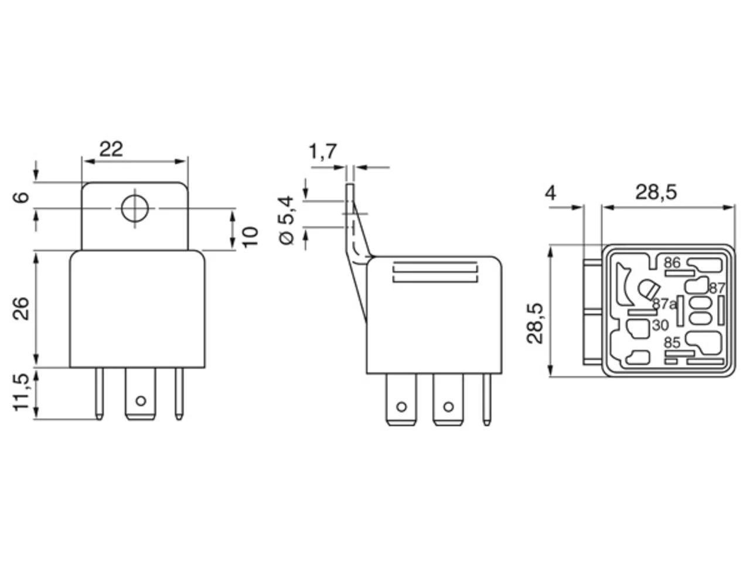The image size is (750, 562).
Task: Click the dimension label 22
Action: (111, 149)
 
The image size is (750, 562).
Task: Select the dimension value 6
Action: (21, 197)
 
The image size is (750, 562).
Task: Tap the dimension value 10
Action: (250, 237)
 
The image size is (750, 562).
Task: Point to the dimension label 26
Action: (21, 309)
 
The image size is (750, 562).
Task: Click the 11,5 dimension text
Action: (21, 392)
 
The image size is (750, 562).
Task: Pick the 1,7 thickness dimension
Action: (322, 152)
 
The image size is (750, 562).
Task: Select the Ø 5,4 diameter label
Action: (287, 220)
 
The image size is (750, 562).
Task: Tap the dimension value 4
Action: (550, 193)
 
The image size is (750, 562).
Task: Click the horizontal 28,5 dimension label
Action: (656, 193)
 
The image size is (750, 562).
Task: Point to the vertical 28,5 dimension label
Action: (535, 323)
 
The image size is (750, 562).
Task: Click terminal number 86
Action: (672, 263)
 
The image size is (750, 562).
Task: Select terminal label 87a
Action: (664, 304)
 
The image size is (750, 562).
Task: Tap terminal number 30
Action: (660, 325)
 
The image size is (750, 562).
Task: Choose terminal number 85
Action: (672, 342)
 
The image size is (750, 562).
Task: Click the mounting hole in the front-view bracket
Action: (135, 208)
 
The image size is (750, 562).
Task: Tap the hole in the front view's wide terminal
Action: (141, 400)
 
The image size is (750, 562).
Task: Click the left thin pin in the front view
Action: (100, 393)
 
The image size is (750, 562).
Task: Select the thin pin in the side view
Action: (487, 400)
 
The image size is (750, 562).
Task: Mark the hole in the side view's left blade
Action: (401, 407)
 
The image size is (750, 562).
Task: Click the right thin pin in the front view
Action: (179, 393)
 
